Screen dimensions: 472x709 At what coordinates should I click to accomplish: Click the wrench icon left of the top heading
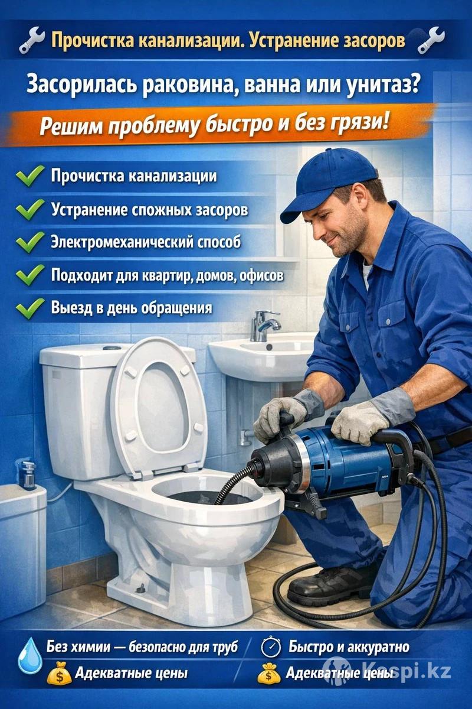point(32,40)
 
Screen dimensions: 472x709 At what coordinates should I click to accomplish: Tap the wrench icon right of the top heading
point(431,40)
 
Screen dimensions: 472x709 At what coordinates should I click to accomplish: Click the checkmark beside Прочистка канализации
point(30,175)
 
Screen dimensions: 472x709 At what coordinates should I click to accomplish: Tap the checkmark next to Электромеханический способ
point(30,242)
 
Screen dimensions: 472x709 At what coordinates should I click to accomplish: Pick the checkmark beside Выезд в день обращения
point(30,308)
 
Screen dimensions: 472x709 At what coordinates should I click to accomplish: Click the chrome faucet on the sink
point(264,326)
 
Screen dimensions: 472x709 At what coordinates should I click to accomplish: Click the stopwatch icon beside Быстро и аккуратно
point(271,646)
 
